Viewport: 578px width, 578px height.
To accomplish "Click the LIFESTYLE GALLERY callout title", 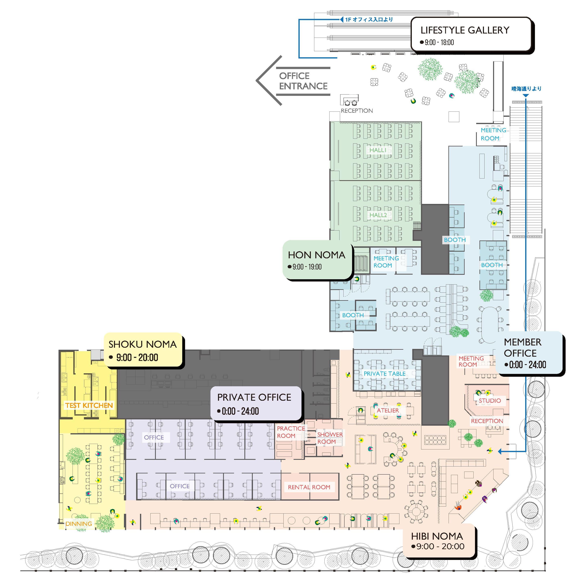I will (465, 30).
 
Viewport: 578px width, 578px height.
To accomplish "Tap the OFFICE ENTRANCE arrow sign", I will (303, 81).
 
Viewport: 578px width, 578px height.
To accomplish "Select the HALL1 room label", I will (378, 150).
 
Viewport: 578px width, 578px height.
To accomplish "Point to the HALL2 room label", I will (378, 215).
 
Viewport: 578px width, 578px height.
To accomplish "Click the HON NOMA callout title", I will (316, 255).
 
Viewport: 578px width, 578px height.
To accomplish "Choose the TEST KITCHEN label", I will (89, 405).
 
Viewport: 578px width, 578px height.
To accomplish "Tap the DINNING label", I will (79, 524).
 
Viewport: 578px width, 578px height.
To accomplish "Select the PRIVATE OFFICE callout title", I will (254, 397).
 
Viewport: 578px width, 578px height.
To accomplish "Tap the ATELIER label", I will (388, 410).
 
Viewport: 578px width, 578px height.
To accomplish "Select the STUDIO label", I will (489, 400).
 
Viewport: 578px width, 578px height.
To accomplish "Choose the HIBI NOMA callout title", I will (437, 536).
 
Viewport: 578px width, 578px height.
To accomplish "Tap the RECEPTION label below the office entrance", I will (357, 111).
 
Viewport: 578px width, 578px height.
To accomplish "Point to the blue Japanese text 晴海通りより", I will (526, 89).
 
